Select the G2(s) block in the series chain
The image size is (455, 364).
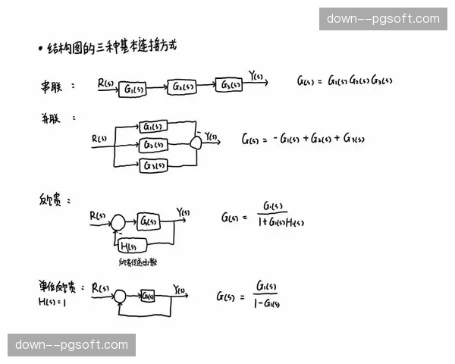(x=182, y=86)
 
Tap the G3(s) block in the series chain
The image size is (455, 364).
(x=230, y=83)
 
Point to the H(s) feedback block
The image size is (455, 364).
(x=132, y=244)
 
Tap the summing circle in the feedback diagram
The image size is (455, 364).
(x=118, y=222)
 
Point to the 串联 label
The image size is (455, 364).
(x=52, y=85)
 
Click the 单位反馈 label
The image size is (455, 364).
(x=58, y=287)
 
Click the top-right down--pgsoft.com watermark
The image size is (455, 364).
(x=383, y=18)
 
